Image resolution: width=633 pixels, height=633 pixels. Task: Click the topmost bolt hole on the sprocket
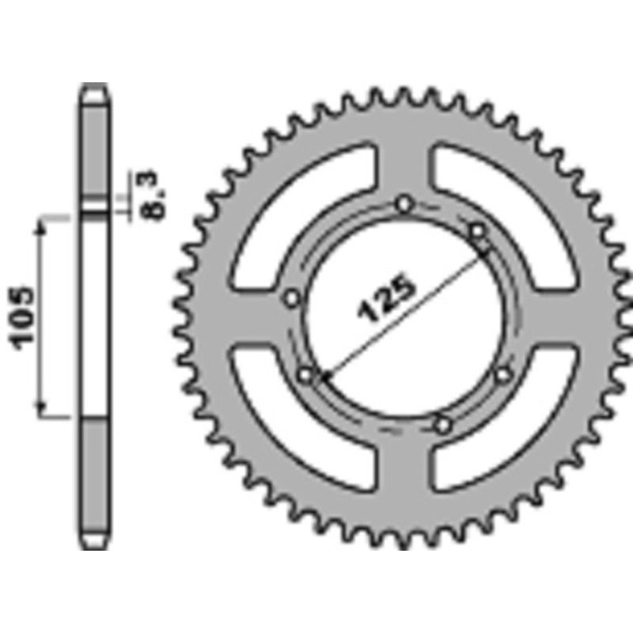click(405, 205)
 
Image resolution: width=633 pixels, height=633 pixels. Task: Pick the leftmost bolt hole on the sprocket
click(292, 298)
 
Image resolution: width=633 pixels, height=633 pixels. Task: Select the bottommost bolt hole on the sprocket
click(442, 426)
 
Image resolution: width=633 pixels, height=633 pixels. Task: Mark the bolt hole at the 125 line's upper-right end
click(477, 231)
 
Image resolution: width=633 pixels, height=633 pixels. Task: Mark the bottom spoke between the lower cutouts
click(405, 475)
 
